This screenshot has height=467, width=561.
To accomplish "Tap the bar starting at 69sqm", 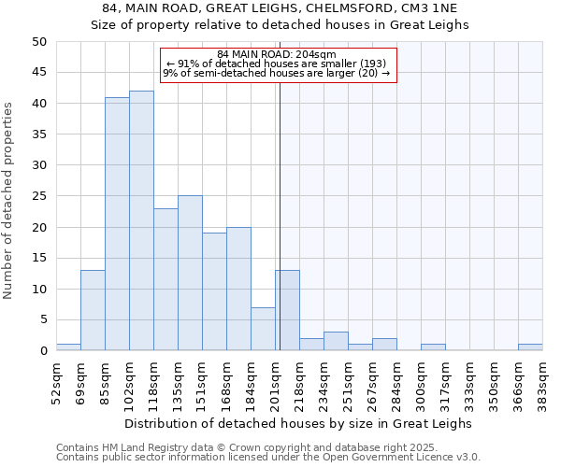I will pos(93,310).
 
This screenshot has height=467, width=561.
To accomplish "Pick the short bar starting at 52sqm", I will pos(68,347).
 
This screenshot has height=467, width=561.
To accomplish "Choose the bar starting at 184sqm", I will pos(263,329).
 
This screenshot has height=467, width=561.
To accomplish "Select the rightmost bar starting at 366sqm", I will pos(530,347).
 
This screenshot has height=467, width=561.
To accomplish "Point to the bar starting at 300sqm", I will pos(433,347).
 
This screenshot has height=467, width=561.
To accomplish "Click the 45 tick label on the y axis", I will pos(38,73).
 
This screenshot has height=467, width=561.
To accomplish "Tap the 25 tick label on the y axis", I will pos(38,196).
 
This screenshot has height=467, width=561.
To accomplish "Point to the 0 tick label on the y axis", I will pos(42,351).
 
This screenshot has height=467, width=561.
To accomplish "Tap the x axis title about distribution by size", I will pos(299,423).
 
